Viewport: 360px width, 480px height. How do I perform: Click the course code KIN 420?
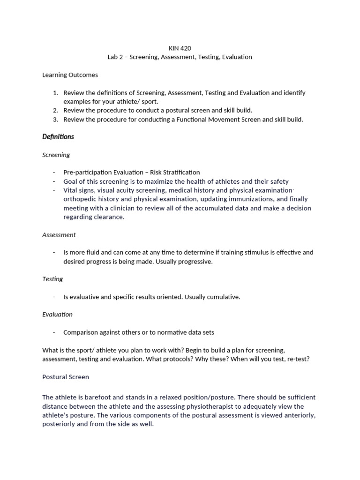[x=180, y=48]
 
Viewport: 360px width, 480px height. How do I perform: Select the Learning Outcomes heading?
[x=70, y=75]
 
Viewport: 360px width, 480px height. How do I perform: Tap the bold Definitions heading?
[x=58, y=137]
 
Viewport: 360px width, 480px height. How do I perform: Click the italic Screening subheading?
[x=56, y=155]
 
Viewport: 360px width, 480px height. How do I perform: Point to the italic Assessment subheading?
[x=59, y=234]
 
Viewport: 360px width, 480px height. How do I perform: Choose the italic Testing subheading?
[x=52, y=279]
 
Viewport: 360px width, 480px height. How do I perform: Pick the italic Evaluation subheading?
[x=57, y=315]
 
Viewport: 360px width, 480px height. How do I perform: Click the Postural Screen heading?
[x=65, y=377]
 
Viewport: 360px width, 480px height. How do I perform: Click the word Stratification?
[x=180, y=172]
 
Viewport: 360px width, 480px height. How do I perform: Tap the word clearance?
[x=110, y=217]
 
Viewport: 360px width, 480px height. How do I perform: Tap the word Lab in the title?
[x=113, y=57]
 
